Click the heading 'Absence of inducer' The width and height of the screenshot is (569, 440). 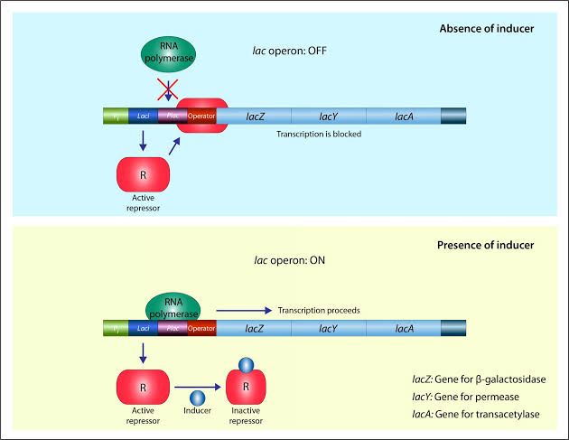click(x=487, y=28)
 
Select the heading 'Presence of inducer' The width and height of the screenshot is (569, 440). click(x=485, y=244)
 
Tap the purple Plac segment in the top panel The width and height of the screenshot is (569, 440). click(x=168, y=117)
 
